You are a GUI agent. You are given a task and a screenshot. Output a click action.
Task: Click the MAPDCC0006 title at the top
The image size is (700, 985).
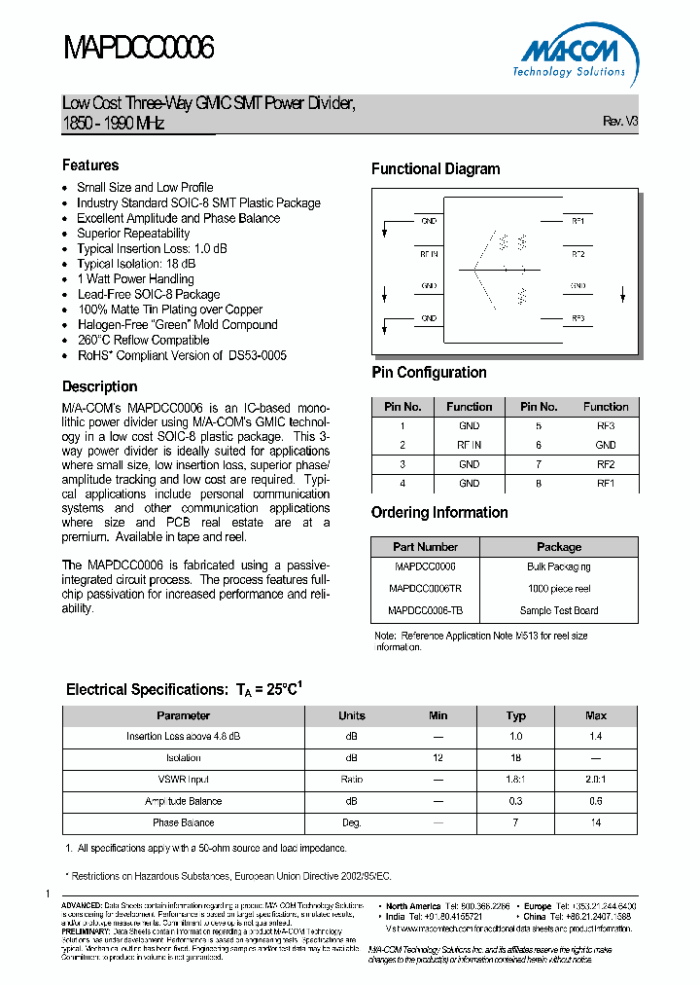point(138,48)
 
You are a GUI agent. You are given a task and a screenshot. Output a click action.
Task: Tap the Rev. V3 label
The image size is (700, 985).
point(620,122)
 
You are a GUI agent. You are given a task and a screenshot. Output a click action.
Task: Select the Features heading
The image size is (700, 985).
point(90,165)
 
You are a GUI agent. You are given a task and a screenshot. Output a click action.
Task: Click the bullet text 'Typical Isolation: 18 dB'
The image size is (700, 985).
point(136,264)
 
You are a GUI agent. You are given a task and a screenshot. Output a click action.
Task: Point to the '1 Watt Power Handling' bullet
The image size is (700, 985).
point(135,279)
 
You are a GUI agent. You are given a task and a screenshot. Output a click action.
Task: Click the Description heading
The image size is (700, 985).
point(99,386)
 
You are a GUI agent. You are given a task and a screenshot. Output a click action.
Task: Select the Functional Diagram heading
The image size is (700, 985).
point(436,169)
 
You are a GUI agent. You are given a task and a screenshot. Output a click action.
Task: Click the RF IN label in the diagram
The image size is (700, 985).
point(429,254)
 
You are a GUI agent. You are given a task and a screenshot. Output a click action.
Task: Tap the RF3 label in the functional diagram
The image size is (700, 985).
point(577,318)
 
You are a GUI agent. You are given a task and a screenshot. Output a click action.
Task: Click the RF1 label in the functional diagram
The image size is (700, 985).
point(577,221)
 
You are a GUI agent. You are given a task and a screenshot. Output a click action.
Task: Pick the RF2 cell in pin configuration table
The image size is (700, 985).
point(606,464)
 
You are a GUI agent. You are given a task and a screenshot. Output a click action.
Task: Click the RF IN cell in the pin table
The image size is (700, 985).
point(470,445)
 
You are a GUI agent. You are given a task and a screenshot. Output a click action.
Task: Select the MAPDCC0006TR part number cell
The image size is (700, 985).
point(425,589)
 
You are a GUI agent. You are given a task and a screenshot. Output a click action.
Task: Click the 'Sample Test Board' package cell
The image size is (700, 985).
point(559,611)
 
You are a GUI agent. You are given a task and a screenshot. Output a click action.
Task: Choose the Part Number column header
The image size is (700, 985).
point(425,547)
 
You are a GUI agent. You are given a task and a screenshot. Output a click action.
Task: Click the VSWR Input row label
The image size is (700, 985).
point(183,780)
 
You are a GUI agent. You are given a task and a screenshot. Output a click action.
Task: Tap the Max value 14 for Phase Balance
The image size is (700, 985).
point(596,822)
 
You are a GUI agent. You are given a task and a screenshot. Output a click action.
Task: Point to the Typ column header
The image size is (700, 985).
point(516,715)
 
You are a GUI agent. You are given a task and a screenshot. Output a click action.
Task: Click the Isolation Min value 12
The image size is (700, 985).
point(438,757)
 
